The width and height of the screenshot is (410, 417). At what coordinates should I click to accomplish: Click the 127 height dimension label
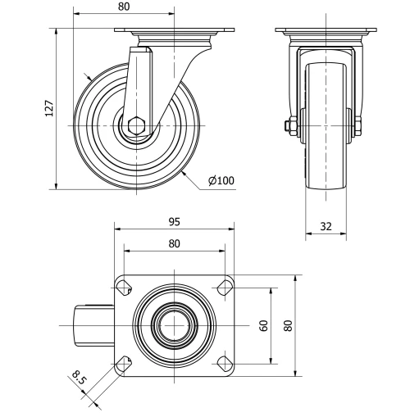tap(49, 108)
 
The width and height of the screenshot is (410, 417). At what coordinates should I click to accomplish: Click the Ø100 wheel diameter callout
tap(221, 180)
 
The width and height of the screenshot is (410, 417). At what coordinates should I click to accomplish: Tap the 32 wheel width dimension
tap(326, 226)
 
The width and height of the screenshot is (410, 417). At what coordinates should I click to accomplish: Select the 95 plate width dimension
tap(175, 222)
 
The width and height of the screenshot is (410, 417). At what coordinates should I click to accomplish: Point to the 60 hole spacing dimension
tap(264, 326)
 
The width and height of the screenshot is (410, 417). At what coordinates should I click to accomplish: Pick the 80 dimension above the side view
tap(124, 7)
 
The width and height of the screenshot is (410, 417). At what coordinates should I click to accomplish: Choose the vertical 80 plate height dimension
tap(288, 326)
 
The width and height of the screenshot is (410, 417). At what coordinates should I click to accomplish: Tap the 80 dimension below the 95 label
tap(175, 243)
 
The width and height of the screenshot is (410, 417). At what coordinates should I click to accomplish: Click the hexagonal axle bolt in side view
tap(136, 125)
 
